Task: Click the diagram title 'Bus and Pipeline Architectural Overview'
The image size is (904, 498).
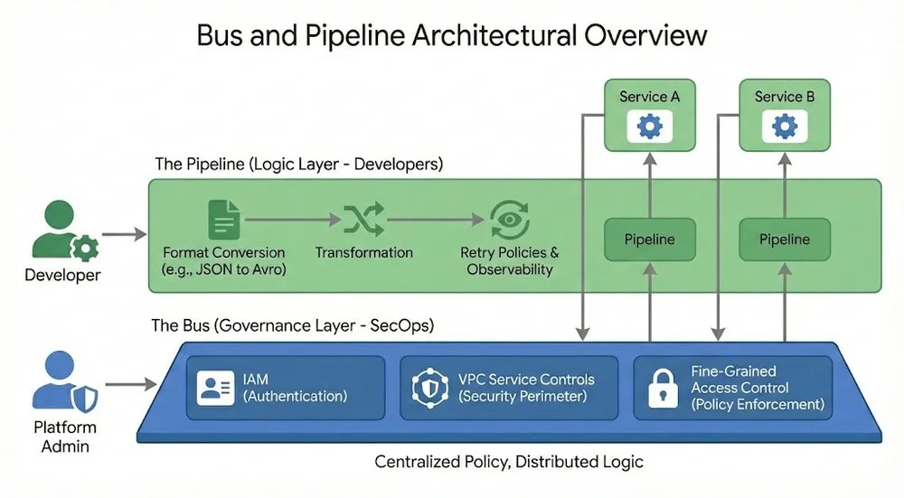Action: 451,35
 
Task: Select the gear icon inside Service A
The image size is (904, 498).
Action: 649,127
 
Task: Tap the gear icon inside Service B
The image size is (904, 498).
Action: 785,127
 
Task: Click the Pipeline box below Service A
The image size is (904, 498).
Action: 649,240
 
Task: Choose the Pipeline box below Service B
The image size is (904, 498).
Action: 785,240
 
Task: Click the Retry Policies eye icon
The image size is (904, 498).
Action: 509,220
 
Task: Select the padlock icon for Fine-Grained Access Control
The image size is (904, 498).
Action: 663,387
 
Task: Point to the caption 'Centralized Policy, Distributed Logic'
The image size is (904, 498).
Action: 509,462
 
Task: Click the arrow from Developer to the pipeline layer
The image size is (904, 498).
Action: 123,235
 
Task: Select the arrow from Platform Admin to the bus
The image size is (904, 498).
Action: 123,385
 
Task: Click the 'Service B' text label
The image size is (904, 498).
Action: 785,97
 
